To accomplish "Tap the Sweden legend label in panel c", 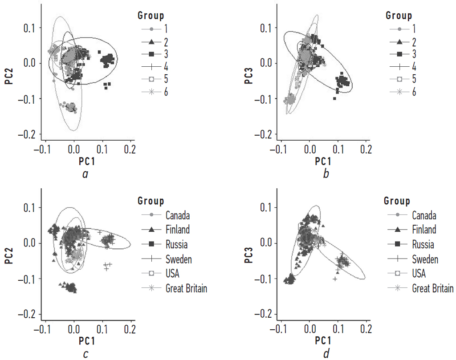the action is coord(179,259).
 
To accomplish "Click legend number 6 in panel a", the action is coord(166,92).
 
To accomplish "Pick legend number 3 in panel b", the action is coord(414,54).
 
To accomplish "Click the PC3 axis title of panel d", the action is coord(249,255).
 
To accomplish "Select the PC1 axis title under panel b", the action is coord(323,161).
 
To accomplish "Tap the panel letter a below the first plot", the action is coord(85,174).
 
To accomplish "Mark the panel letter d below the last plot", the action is coord(326,353).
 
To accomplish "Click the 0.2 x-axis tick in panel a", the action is coord(130,150).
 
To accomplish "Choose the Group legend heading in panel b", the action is coord(399,15).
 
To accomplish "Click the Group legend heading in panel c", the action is coord(151,201).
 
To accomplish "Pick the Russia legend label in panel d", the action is coord(423,244).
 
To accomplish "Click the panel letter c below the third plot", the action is coord(85,354).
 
